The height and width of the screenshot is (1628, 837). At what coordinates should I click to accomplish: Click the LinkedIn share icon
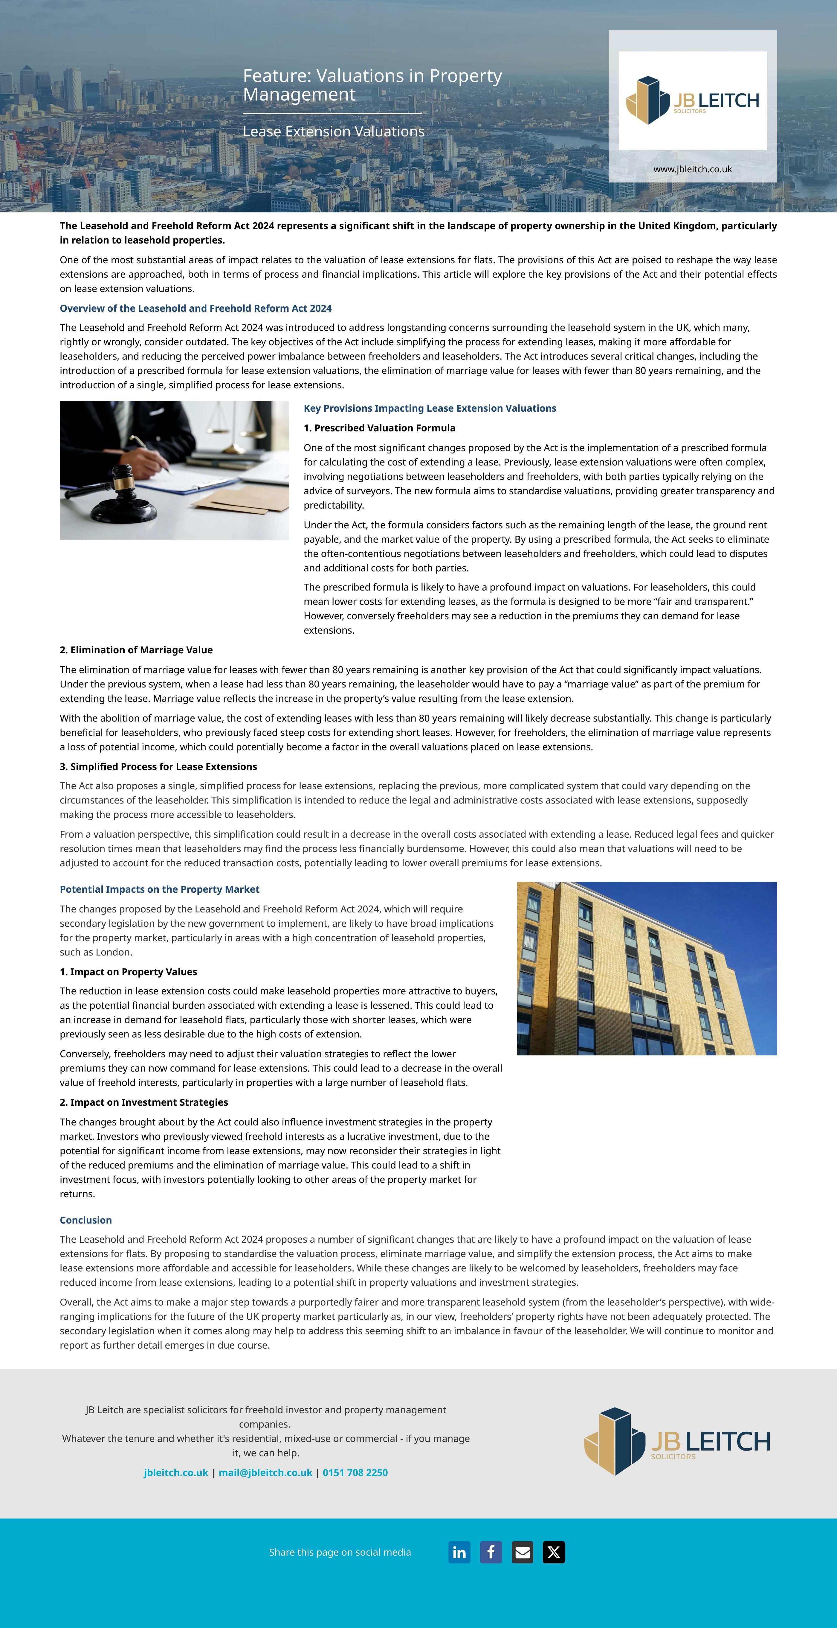point(459,1552)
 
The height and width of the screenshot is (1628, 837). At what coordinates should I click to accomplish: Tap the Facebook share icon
point(491,1552)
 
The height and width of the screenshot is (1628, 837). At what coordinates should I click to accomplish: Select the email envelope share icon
point(523,1552)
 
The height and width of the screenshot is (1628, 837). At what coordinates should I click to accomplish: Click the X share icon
point(554,1552)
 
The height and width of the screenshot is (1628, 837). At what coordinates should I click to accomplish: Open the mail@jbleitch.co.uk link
point(265,1472)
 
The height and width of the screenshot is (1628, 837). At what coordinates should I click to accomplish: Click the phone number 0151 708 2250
point(355,1472)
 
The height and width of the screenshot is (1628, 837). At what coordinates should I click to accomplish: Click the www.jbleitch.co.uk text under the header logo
point(692,169)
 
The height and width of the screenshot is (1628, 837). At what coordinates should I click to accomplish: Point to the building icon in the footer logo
point(614,1442)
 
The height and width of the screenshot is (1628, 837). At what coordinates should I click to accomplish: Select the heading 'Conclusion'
point(86,1220)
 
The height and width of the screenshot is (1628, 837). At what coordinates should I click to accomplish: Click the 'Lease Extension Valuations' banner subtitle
point(334,131)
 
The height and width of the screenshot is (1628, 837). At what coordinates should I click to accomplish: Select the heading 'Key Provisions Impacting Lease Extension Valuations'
point(430,408)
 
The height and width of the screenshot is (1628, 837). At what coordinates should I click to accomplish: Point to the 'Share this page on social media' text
point(340,1552)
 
